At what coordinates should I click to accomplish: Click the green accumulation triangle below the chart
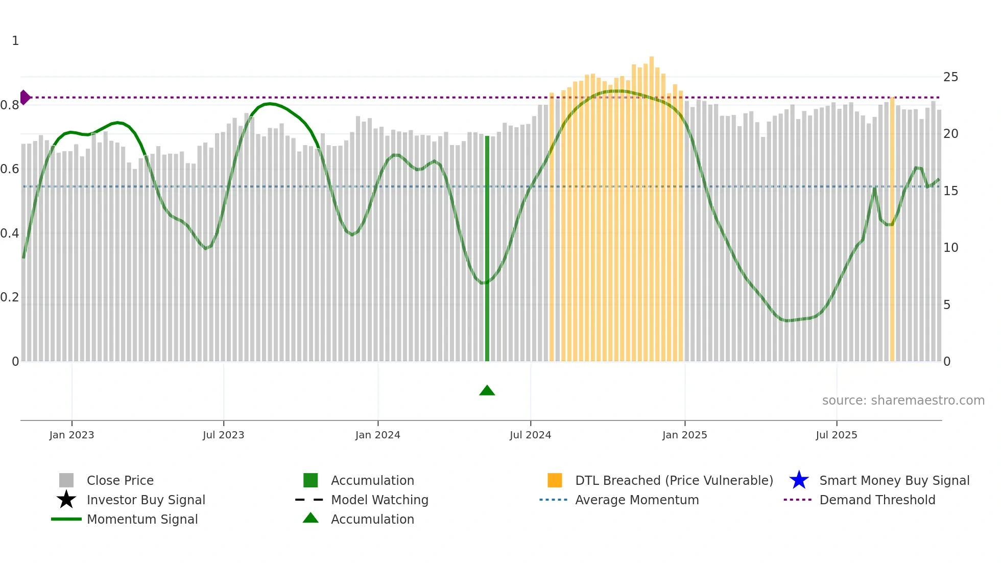click(487, 391)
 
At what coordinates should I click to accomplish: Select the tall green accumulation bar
click(487, 249)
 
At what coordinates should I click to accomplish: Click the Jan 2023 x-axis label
click(71, 435)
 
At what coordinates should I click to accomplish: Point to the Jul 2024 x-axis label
click(530, 435)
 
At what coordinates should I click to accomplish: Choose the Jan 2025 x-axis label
click(684, 435)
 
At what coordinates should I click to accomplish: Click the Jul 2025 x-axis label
click(836, 435)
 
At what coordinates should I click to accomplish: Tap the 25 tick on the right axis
click(950, 77)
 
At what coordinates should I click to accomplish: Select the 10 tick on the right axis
click(950, 248)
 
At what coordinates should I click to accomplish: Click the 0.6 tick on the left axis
click(10, 169)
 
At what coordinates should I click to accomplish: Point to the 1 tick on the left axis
click(15, 41)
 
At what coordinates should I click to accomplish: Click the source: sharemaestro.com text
click(903, 401)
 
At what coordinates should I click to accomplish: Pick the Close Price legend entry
click(120, 480)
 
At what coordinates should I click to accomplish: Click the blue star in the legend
click(799, 480)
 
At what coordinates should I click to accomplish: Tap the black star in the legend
click(66, 500)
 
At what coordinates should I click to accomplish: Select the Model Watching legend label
click(379, 500)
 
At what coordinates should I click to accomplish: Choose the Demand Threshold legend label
click(877, 500)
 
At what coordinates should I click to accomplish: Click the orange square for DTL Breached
click(555, 480)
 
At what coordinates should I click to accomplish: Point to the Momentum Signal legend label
click(142, 519)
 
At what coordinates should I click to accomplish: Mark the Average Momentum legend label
click(637, 500)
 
